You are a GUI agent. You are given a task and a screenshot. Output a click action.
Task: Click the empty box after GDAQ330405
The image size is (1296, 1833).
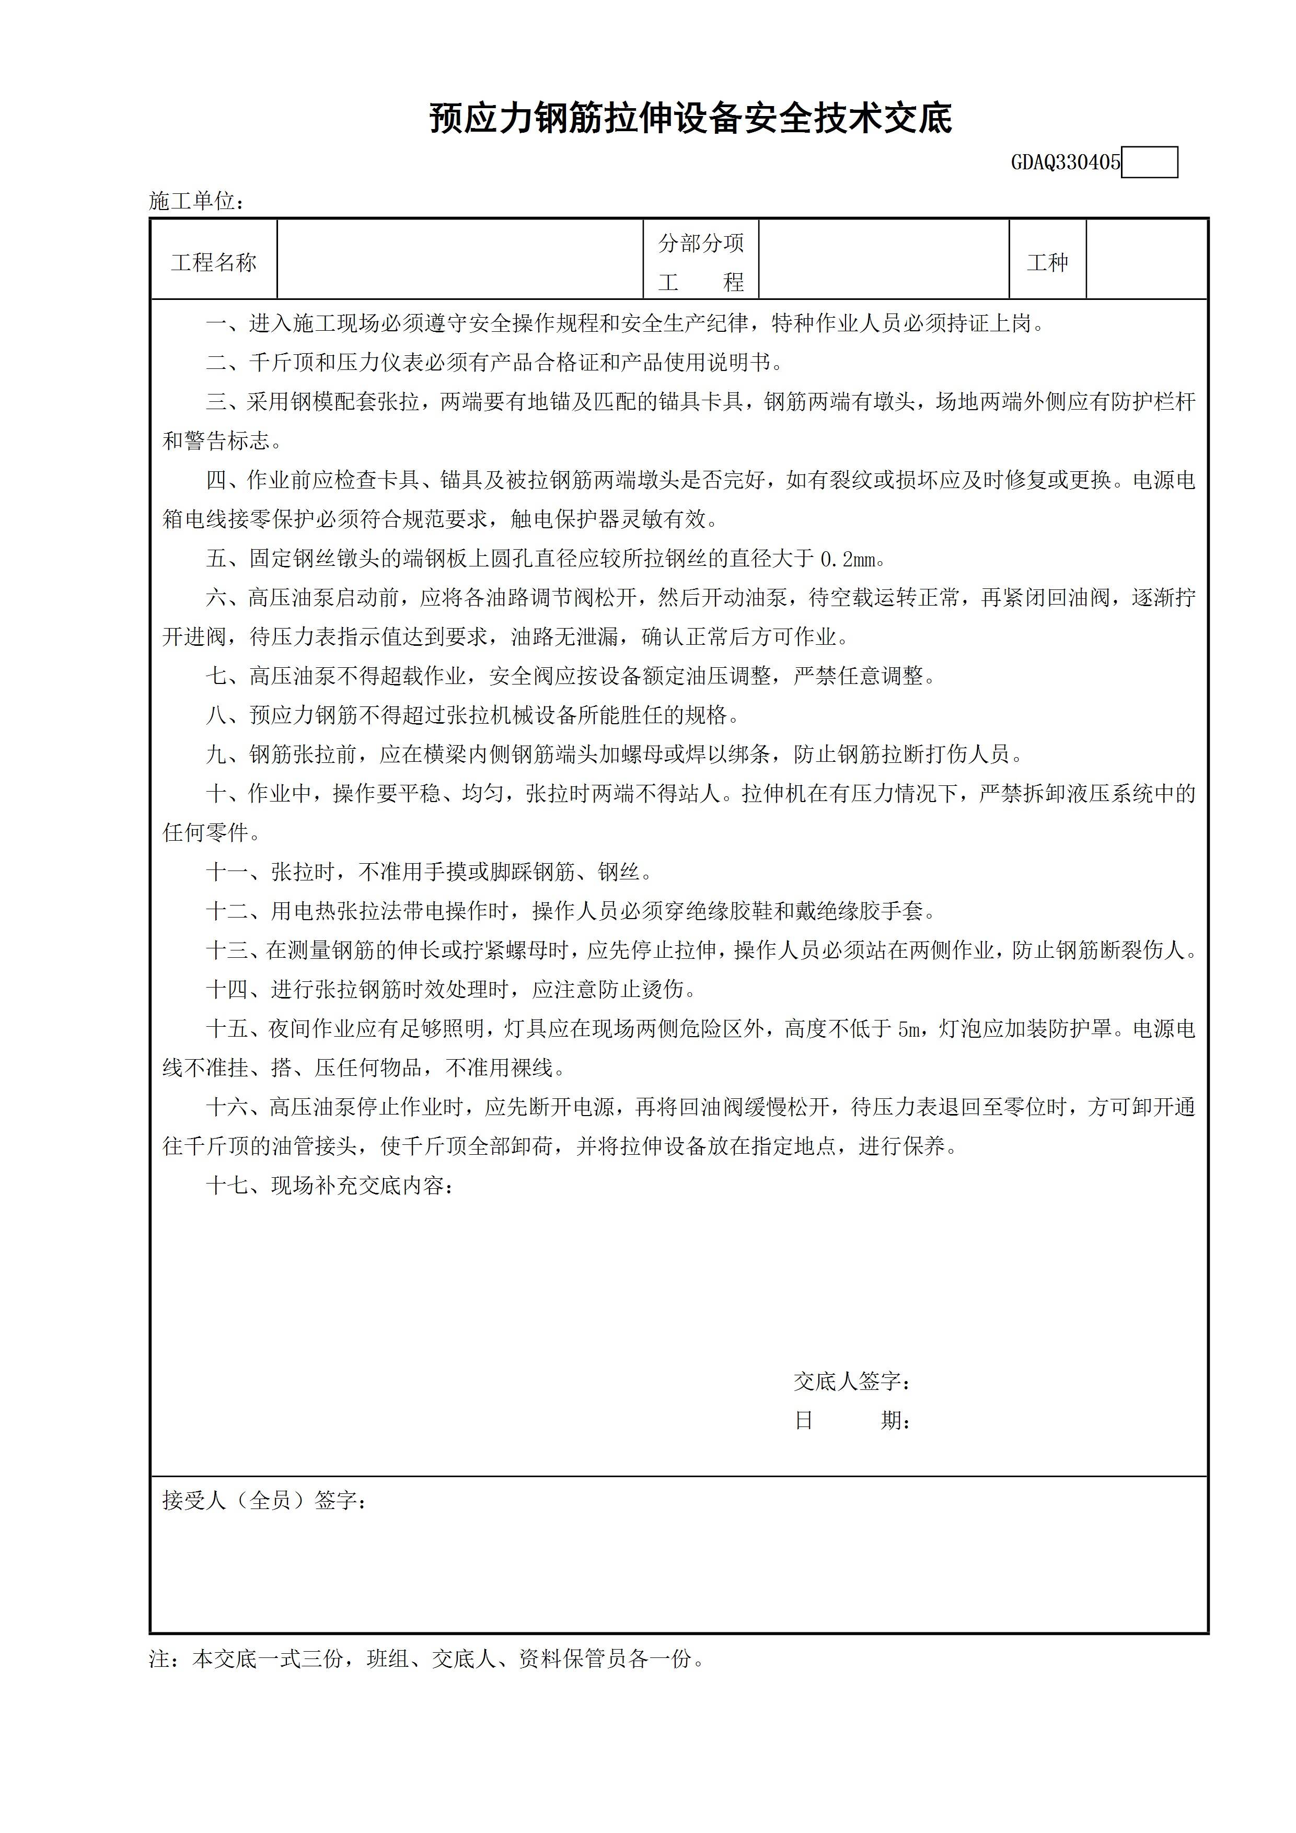(1149, 163)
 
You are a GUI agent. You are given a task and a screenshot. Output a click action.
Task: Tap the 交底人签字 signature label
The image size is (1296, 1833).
(851, 1381)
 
